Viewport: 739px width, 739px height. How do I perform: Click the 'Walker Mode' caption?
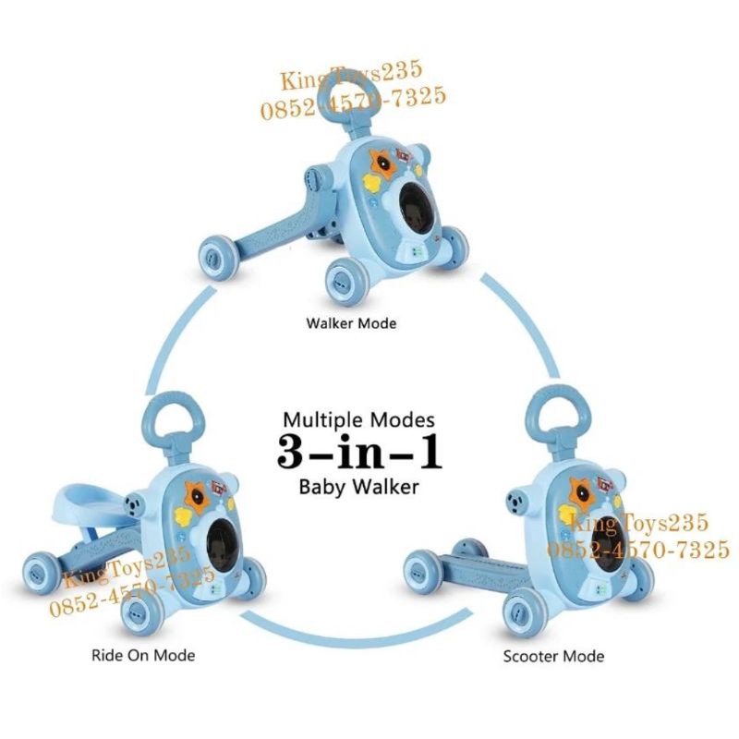[x=351, y=324]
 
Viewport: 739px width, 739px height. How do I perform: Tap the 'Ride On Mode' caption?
[x=143, y=655]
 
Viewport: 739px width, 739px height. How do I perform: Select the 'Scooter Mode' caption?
[x=553, y=657]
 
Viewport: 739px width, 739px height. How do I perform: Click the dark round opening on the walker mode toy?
[x=417, y=211]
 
